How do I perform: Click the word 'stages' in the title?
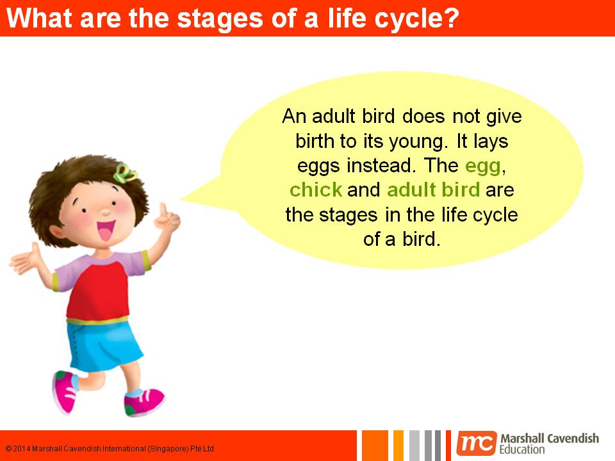220,19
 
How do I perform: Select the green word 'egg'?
483,166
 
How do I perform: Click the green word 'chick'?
316,190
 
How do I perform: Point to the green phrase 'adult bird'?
434,190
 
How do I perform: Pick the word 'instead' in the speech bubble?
379,165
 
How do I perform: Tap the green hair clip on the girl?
124,173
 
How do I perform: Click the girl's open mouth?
106,230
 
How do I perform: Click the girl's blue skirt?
104,345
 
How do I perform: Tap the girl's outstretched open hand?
26,259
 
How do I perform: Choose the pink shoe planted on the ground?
143,401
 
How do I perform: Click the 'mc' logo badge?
477,444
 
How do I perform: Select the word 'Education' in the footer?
522,449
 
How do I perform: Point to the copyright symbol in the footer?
8,448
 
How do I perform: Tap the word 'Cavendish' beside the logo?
573,438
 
